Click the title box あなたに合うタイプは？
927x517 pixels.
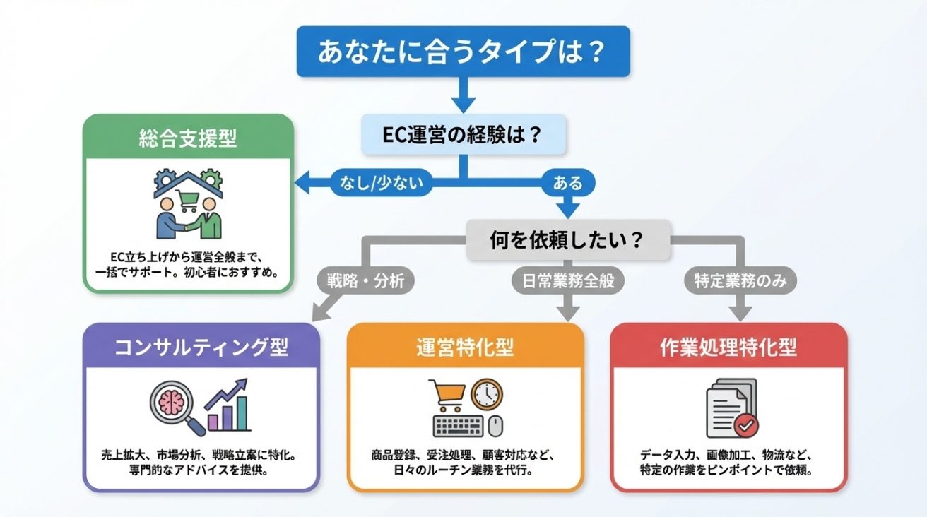click(463, 52)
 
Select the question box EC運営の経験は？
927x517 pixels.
click(463, 135)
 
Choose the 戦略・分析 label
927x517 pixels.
click(365, 281)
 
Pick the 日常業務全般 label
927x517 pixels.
click(568, 281)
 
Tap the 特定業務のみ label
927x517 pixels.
click(740, 281)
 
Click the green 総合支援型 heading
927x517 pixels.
click(188, 138)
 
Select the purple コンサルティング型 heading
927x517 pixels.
click(201, 347)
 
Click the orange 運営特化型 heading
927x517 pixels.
click(466, 347)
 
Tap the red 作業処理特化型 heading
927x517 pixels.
click(728, 347)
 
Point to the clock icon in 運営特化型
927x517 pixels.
click(487, 395)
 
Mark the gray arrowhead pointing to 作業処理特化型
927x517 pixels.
click(740, 311)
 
